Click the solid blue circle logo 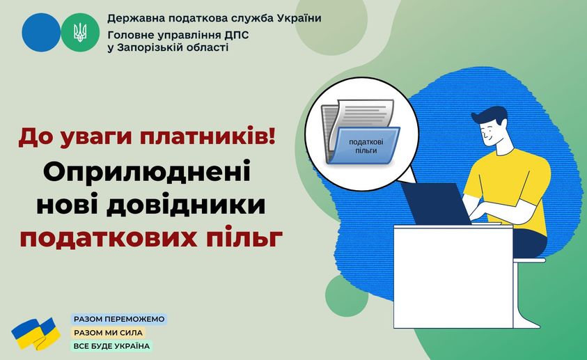(x=41, y=33)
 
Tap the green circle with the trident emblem (x=80, y=33)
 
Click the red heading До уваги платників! (x=147, y=137)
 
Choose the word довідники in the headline (x=186, y=205)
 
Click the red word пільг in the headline (x=244, y=238)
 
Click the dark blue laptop (x=435, y=204)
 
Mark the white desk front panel (x=453, y=276)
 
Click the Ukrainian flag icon (x=36, y=334)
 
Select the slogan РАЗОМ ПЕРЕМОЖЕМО (x=119, y=319)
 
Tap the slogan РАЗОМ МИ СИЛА (x=108, y=333)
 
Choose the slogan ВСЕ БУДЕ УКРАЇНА (x=111, y=346)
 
